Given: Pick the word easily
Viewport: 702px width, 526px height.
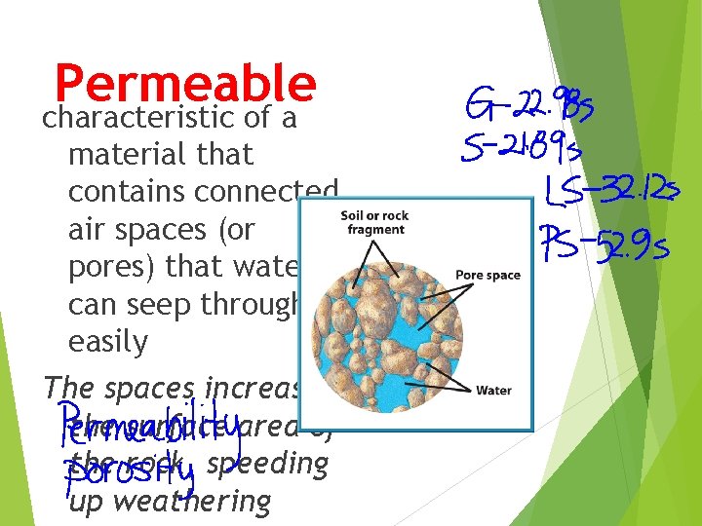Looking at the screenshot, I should (108, 342).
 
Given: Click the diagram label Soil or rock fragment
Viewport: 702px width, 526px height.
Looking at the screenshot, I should (375, 222).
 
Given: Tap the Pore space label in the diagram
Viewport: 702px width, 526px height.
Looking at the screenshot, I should (487, 276).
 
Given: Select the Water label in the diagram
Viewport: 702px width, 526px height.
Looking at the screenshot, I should (493, 391).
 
